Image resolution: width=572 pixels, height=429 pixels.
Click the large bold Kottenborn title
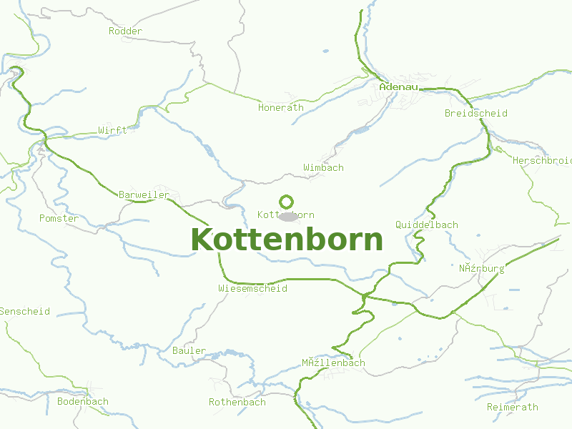point(287,240)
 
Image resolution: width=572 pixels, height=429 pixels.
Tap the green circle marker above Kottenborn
point(286,202)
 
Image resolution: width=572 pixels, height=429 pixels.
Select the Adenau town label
point(398,87)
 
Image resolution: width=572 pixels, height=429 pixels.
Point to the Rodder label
point(125,31)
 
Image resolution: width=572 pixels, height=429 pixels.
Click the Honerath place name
point(280,107)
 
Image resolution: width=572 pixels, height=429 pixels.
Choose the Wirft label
point(112,130)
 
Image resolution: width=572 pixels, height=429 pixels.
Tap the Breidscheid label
point(475,113)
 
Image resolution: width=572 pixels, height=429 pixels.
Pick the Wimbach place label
point(323,167)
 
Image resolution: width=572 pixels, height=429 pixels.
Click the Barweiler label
point(144,194)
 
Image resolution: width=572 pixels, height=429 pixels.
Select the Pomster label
point(59,218)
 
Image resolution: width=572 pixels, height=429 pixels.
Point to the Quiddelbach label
point(426,225)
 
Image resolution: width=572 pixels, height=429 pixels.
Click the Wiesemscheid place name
point(252,288)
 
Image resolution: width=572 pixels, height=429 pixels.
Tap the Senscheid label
point(25,311)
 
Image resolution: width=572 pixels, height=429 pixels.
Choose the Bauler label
point(189,350)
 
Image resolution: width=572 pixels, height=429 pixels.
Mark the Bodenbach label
point(83,401)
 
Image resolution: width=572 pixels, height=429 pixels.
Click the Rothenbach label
point(237,402)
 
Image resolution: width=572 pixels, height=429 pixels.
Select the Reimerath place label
point(512,407)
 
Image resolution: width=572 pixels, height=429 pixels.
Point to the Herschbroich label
point(541,160)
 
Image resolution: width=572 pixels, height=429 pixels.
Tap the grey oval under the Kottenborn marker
point(288,217)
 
